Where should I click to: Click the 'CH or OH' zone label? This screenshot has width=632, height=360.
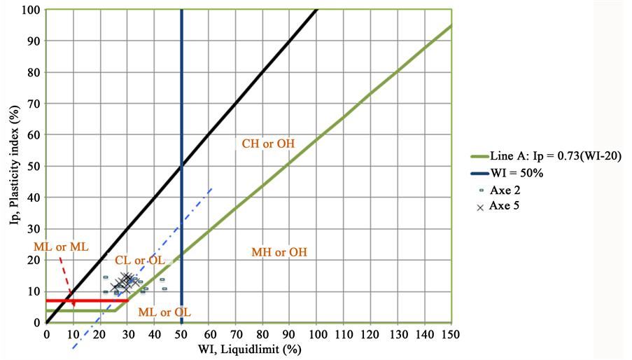point(268,144)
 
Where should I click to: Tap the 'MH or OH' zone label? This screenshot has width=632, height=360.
point(279,252)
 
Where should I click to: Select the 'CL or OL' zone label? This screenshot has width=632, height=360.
point(140,261)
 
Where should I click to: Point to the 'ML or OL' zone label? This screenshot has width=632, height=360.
point(164,312)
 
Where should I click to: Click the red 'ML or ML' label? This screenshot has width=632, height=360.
point(57,247)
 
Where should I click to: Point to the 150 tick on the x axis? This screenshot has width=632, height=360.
point(450,334)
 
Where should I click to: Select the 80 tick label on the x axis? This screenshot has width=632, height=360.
point(262,334)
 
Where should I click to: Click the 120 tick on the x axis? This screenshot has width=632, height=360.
point(370,334)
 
